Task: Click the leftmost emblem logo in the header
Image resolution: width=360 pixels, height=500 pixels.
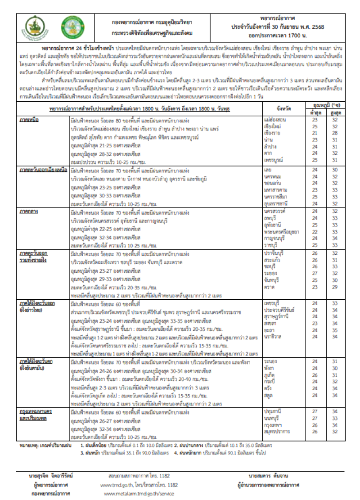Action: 35,27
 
